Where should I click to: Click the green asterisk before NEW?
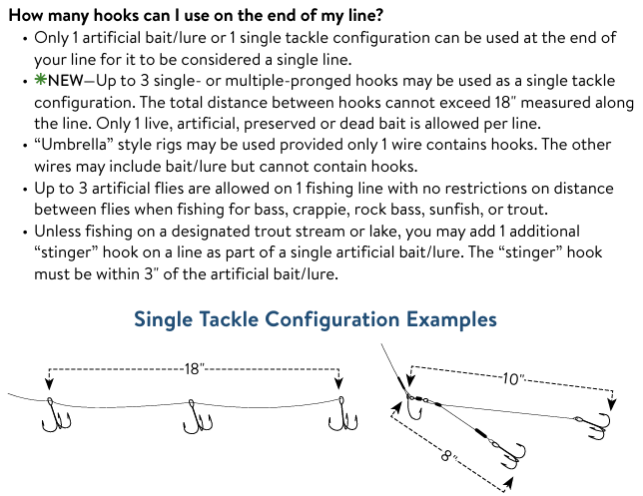[41, 80]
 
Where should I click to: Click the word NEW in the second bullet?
[66, 81]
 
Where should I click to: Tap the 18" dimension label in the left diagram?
[194, 369]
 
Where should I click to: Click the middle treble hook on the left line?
[198, 417]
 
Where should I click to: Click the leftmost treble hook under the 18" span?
[56, 415]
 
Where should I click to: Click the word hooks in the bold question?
[116, 16]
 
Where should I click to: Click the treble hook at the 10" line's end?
[593, 425]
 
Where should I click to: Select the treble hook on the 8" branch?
[508, 455]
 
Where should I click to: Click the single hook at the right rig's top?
[413, 407]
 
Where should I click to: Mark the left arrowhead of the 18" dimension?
[49, 384]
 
